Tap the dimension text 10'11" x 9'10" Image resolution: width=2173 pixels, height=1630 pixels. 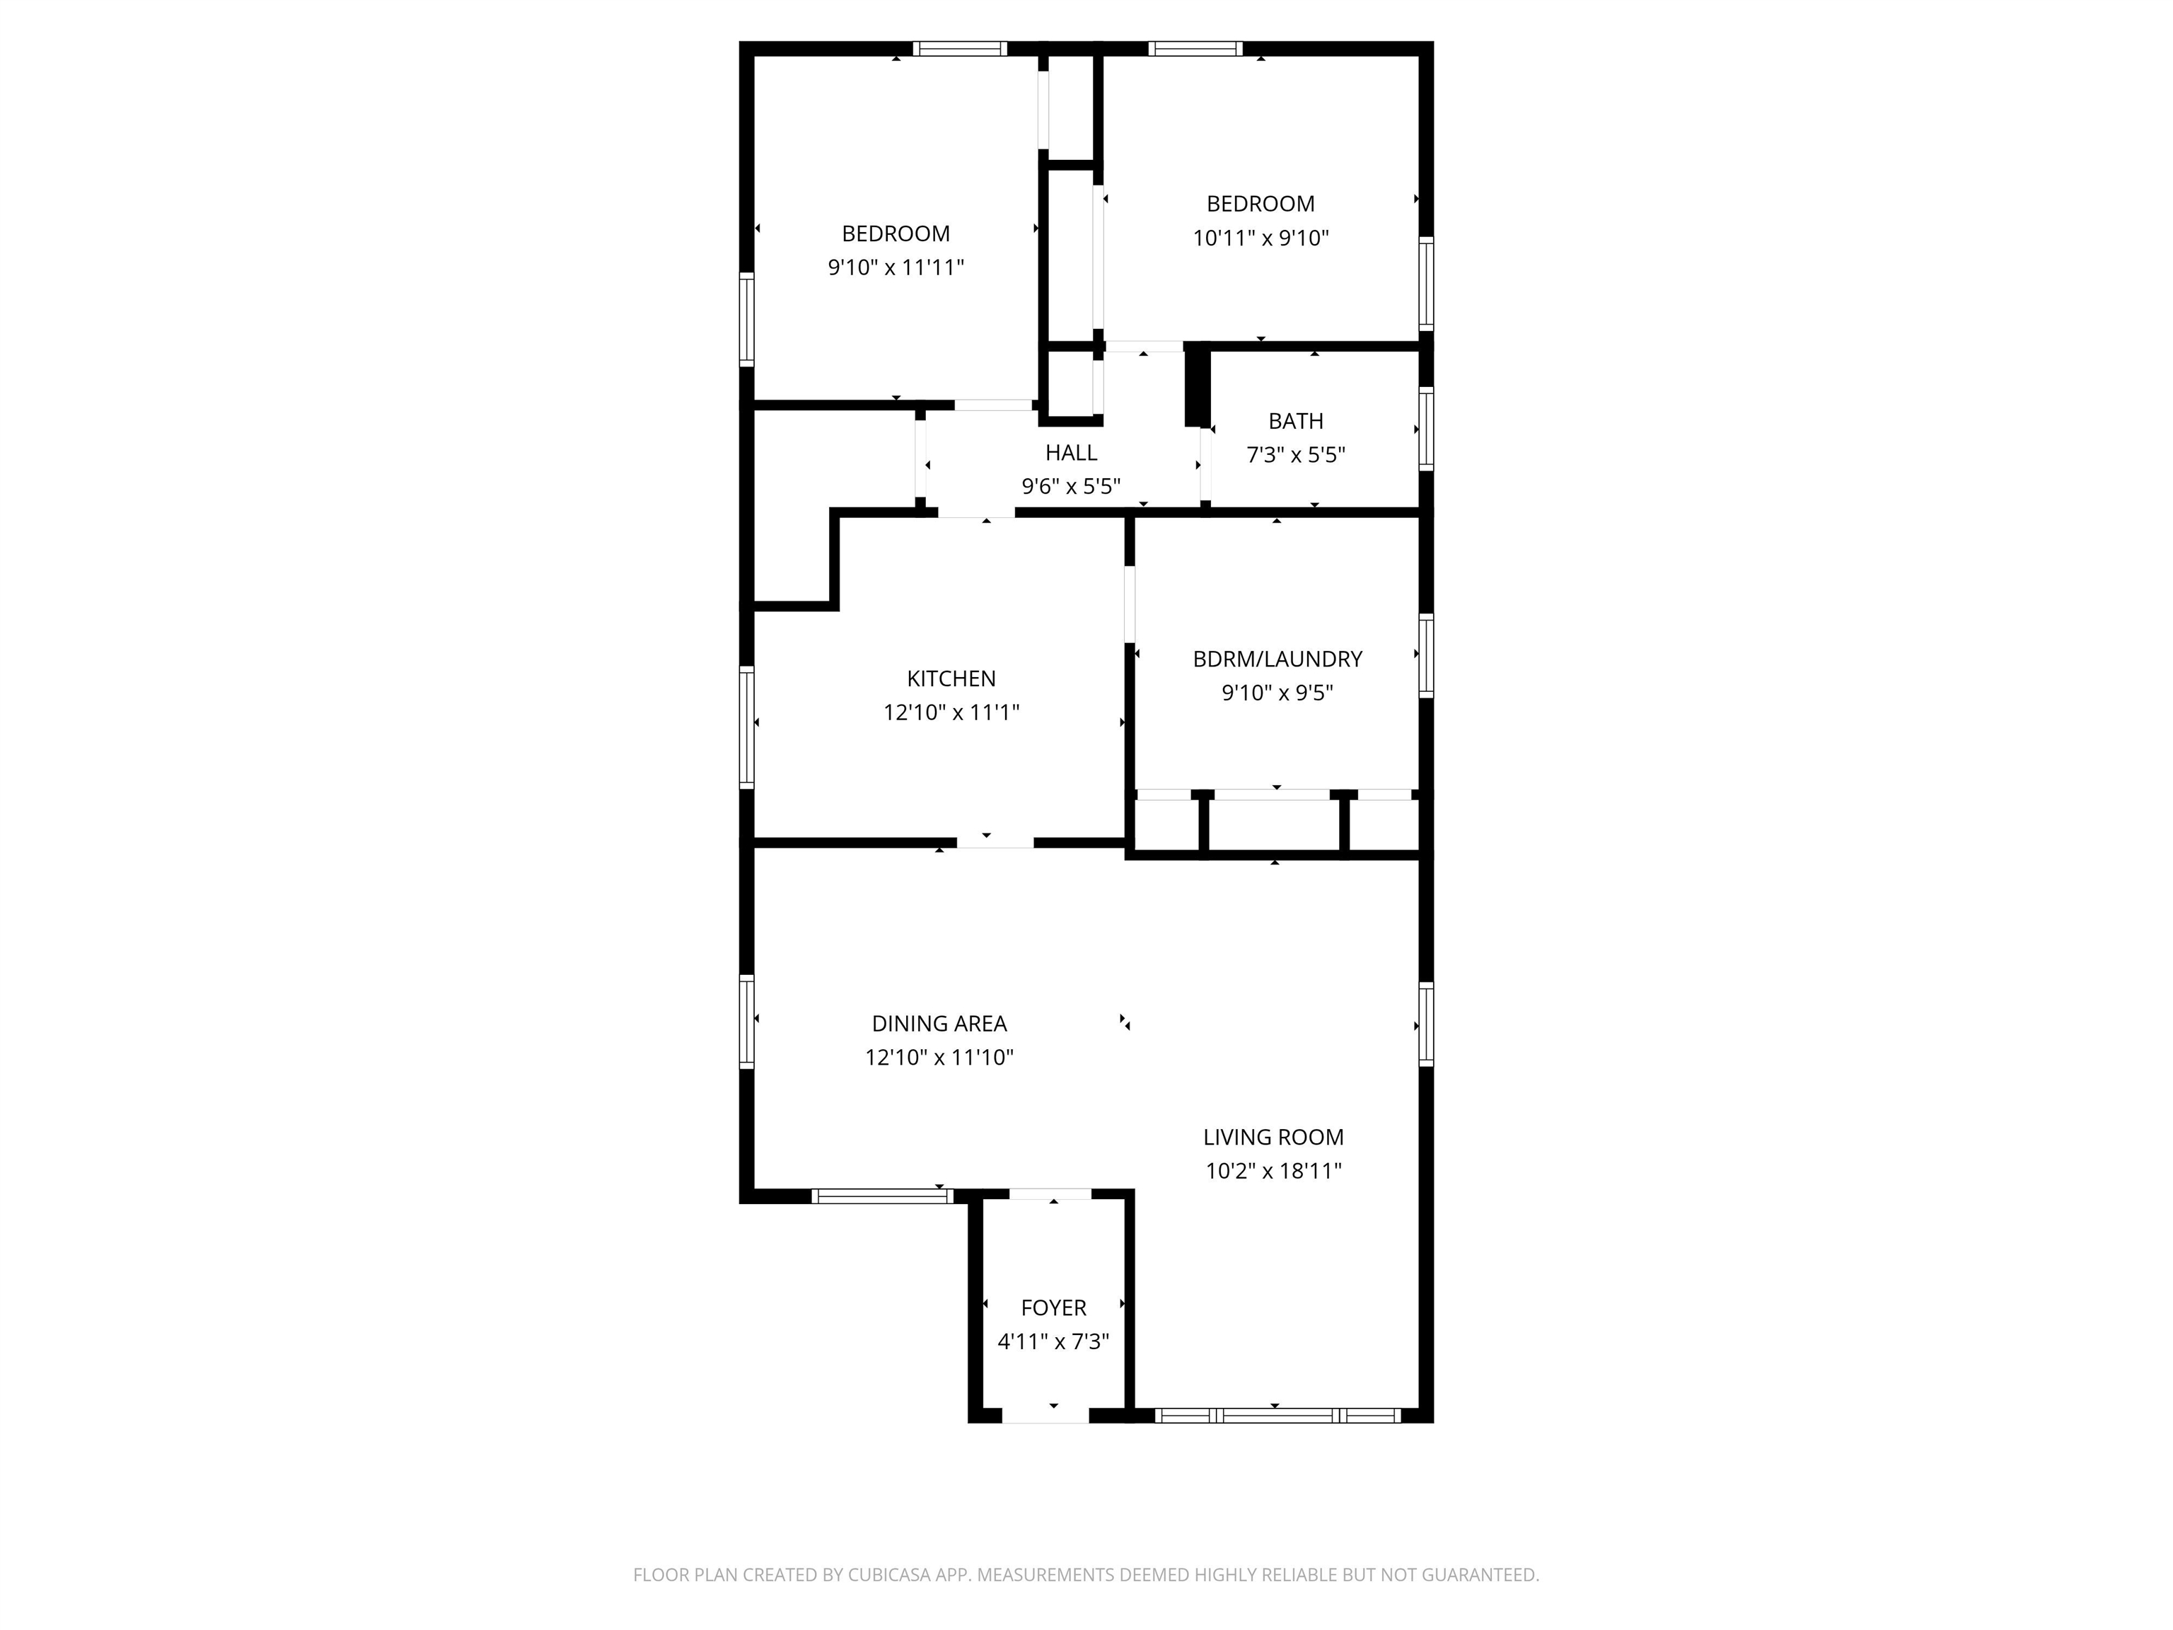(1261, 238)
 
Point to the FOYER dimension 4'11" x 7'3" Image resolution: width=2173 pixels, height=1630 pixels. (1053, 1341)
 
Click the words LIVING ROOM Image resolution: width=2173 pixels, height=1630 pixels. (1273, 1137)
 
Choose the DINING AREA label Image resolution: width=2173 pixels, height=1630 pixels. (939, 1024)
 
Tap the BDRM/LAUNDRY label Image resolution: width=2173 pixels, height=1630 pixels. (1277, 659)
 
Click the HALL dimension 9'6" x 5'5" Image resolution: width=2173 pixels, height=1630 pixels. (1071, 486)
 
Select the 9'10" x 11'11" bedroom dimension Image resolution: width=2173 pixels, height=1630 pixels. (896, 267)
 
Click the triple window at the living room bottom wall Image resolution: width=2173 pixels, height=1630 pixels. (1277, 1416)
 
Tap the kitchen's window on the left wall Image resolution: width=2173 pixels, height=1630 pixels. (746, 727)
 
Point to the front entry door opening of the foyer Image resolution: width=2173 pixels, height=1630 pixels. (1045, 1416)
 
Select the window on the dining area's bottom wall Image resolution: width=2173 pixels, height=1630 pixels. (881, 1196)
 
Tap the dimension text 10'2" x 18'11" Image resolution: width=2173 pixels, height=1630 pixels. (1273, 1171)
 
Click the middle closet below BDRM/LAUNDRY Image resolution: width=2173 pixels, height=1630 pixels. (1274, 823)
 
